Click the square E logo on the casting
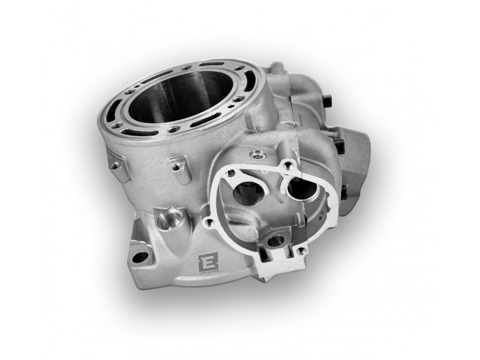point(205,261)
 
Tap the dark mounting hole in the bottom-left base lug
point(142,257)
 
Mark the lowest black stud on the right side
point(344,191)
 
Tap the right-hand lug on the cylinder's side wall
point(176,165)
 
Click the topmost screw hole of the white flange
point(289,164)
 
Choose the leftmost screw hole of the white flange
point(209,223)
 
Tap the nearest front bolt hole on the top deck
point(173,128)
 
